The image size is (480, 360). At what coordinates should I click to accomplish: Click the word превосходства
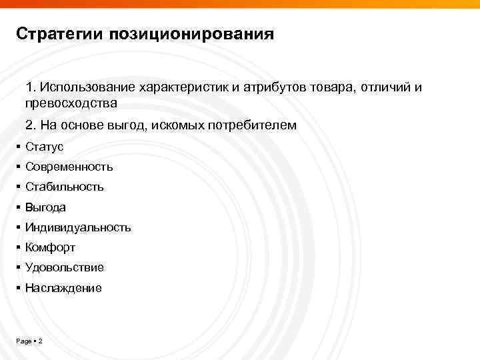coord(71,103)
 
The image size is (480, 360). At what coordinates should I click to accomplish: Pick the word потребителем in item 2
coord(256,125)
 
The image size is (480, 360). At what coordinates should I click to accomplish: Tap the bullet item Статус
coord(44,147)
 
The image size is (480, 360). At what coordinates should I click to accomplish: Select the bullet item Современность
coord(69,167)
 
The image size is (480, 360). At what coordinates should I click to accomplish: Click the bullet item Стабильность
coord(64,187)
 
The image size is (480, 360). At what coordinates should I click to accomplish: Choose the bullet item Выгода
coord(45,207)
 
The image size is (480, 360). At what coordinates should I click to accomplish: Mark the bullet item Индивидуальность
coord(78,227)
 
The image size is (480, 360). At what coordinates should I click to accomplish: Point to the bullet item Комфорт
coord(50,247)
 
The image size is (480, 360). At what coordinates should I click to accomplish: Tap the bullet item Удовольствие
coord(64,267)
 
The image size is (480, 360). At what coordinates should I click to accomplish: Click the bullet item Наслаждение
coord(63,288)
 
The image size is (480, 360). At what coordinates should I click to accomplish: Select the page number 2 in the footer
coord(41,341)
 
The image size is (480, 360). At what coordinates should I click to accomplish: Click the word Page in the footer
coord(23,341)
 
